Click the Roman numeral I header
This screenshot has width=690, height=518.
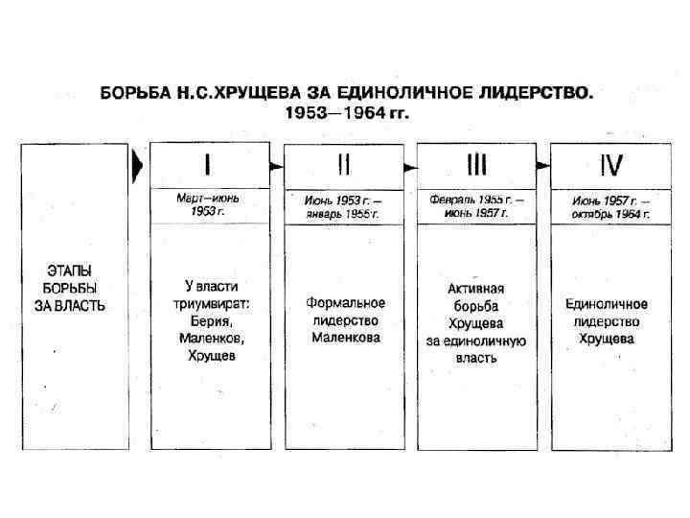coord(208,166)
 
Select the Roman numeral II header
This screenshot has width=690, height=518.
coord(342,166)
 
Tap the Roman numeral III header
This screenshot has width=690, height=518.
coord(476,166)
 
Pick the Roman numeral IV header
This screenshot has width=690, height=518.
coord(609,166)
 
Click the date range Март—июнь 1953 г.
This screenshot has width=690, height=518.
coord(208,204)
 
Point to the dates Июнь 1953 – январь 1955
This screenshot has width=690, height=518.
coord(342,206)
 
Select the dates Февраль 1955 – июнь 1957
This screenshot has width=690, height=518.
coord(476,206)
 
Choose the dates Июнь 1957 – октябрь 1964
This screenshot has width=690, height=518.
coord(609,206)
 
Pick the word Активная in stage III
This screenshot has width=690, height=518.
coord(476,288)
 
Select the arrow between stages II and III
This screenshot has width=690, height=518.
coord(410,166)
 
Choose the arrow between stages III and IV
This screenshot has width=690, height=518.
coord(543,166)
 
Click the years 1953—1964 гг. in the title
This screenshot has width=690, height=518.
coord(347,112)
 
